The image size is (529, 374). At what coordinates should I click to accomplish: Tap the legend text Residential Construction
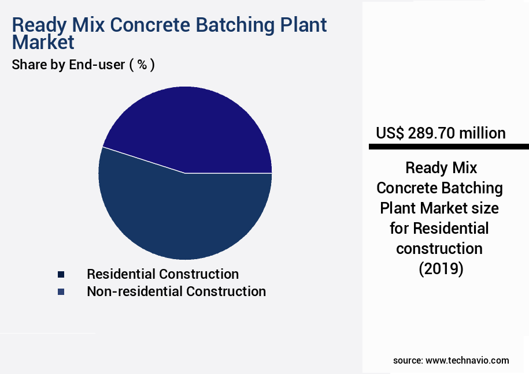(x=162, y=274)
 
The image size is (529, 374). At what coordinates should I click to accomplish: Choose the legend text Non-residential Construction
(x=176, y=291)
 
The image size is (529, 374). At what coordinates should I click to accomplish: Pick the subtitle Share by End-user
(x=68, y=65)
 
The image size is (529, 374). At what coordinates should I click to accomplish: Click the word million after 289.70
(x=482, y=133)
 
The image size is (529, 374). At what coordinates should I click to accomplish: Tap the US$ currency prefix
(x=390, y=133)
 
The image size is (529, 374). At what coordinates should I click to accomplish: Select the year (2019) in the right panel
(x=441, y=269)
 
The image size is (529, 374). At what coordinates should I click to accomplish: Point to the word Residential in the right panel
(x=451, y=229)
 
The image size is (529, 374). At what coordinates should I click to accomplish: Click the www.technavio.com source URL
(x=467, y=360)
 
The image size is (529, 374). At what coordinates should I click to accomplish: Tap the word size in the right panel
(x=484, y=208)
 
